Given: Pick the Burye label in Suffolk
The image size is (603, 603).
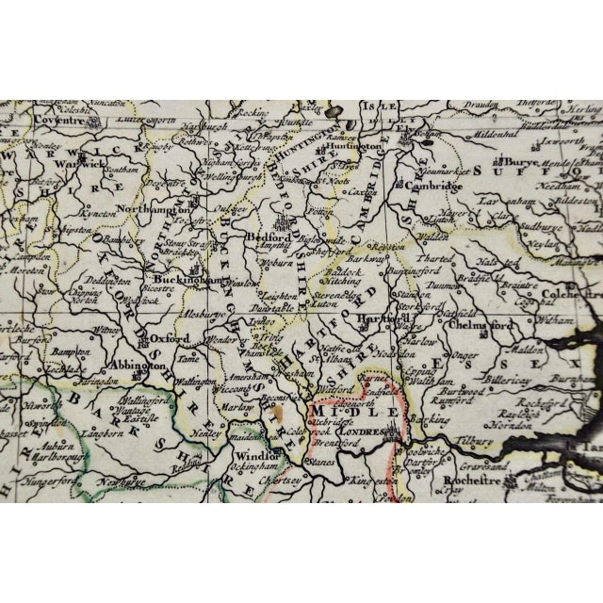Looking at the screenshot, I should tap(517, 162).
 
